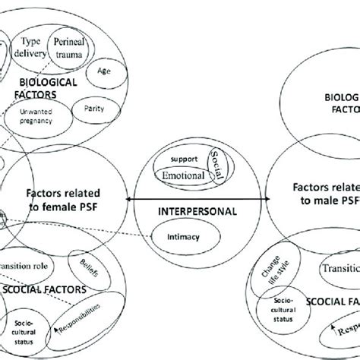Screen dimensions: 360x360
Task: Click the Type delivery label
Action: click(x=31, y=48)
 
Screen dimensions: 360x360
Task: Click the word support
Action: click(x=184, y=159)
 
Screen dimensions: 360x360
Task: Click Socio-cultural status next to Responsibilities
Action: click(x=27, y=332)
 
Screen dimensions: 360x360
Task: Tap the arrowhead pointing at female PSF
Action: click(x=128, y=198)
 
